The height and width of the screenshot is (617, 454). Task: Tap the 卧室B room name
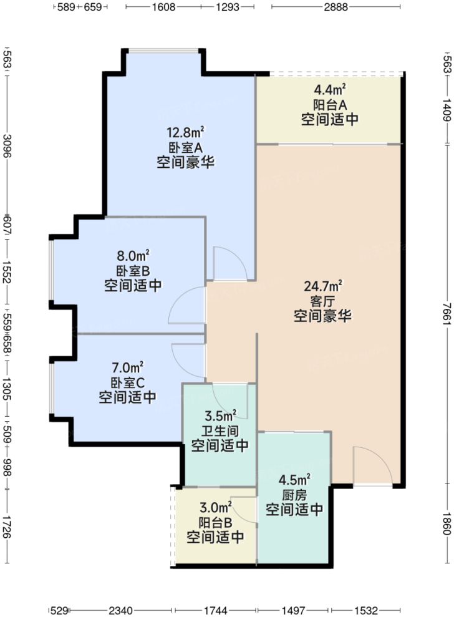click(133, 271)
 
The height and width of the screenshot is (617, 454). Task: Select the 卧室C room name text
click(127, 382)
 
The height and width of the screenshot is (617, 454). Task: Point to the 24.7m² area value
click(323, 287)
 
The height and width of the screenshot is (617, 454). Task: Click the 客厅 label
click(323, 301)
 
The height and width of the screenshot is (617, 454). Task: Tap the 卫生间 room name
click(220, 430)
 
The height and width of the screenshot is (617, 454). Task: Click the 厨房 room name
click(294, 495)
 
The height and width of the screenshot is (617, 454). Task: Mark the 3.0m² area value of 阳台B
click(215, 508)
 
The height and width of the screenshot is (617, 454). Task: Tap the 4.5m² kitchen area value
click(294, 480)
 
